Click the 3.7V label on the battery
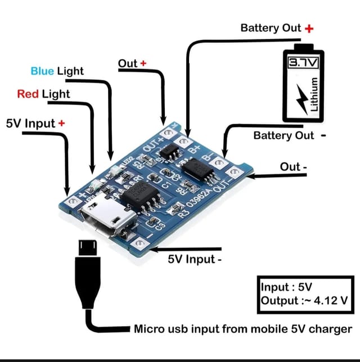pos(303,61)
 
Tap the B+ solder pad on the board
pos(184,141)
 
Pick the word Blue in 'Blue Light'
pos(42,71)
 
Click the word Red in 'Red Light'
pos(28,93)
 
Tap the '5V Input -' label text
pos(196,259)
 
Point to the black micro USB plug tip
pos(87,247)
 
